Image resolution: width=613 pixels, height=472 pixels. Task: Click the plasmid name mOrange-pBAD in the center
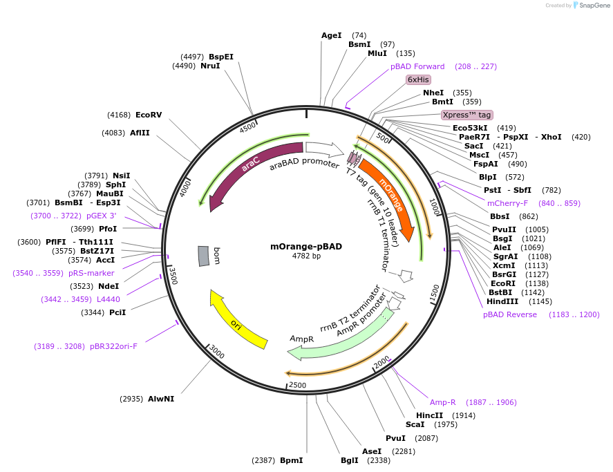click(x=306, y=246)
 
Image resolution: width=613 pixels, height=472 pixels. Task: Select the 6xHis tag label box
click(x=418, y=79)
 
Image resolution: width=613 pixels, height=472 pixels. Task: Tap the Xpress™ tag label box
click(x=467, y=115)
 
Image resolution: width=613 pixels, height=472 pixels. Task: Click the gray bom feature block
click(x=203, y=256)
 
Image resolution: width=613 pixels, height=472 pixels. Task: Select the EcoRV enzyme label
click(x=149, y=115)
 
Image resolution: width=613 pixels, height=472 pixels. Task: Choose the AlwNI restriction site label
click(x=161, y=399)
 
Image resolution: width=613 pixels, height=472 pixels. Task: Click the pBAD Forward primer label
click(x=417, y=66)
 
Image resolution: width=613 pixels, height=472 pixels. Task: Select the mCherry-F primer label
click(x=507, y=203)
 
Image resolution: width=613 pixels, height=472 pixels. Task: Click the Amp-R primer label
click(x=443, y=402)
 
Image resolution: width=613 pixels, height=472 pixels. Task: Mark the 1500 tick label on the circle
click(x=434, y=293)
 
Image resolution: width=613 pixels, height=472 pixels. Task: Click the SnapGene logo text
click(x=594, y=6)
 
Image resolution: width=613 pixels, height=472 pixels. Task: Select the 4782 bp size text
click(x=306, y=256)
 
